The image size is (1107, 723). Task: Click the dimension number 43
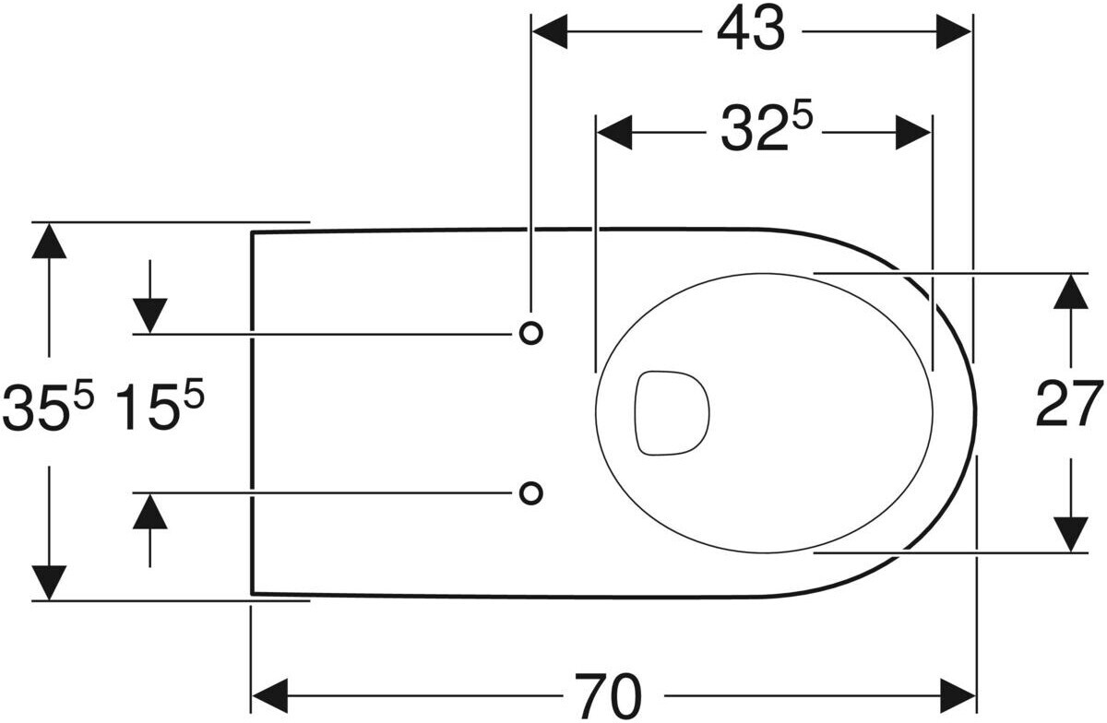point(751,31)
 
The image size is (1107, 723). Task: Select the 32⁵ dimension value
point(767,129)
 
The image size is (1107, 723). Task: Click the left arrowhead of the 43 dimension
point(549,31)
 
